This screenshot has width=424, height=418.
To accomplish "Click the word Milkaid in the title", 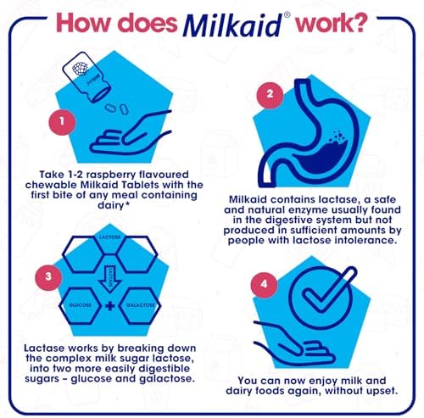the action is pos(232,26).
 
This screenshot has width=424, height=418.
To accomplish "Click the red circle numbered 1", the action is pos(62,121).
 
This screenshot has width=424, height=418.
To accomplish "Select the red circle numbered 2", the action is pos(270,94).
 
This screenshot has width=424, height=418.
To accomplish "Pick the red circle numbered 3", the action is pos(48,276).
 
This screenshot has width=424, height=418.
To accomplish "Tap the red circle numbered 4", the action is pos(265,284).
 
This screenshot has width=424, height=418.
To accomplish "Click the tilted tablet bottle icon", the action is pos(86,77).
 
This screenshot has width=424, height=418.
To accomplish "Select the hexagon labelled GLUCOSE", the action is pos(81,305).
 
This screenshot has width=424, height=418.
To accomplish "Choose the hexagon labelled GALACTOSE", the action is pos(140,305).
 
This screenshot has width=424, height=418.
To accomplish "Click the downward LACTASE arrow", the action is pos(110,280).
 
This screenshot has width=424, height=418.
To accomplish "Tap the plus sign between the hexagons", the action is pos(110,306).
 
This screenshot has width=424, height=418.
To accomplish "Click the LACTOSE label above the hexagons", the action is pos(109,237).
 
